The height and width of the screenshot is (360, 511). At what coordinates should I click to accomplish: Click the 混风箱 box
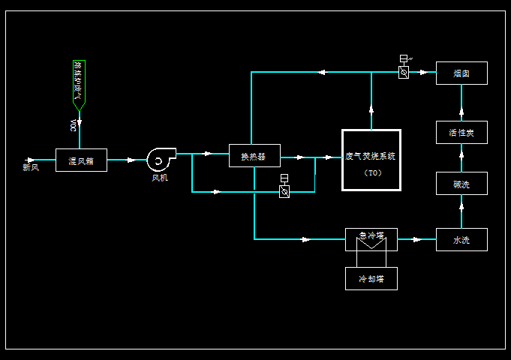pyautogui.click(x=81, y=160)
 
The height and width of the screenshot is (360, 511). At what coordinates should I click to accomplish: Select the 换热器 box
pyautogui.click(x=254, y=155)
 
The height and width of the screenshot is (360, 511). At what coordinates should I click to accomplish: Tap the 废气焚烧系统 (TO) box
pyautogui.click(x=371, y=160)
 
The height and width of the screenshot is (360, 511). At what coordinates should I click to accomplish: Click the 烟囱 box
pyautogui.click(x=461, y=73)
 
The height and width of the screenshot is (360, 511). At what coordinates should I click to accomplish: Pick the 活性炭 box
pyautogui.click(x=461, y=133)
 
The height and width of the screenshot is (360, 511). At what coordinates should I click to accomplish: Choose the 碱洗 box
pyautogui.click(x=461, y=184)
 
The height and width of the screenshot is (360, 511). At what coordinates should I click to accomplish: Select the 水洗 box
pyautogui.click(x=461, y=240)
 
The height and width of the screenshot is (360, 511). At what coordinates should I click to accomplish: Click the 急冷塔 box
pyautogui.click(x=371, y=235)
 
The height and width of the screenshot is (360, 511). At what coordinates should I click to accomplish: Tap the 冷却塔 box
pyautogui.click(x=371, y=278)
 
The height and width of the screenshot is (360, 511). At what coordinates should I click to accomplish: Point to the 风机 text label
pyautogui.click(x=160, y=178)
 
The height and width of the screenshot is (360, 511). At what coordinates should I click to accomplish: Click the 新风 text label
pyautogui.click(x=31, y=167)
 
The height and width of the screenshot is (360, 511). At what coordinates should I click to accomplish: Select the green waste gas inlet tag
pyautogui.click(x=79, y=83)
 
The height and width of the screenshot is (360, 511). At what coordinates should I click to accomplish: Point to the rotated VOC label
pyautogui.click(x=73, y=125)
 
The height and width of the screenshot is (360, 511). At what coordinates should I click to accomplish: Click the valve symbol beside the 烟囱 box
pyautogui.click(x=404, y=73)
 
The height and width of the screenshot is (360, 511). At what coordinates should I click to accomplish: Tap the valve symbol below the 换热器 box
pyautogui.click(x=284, y=191)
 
